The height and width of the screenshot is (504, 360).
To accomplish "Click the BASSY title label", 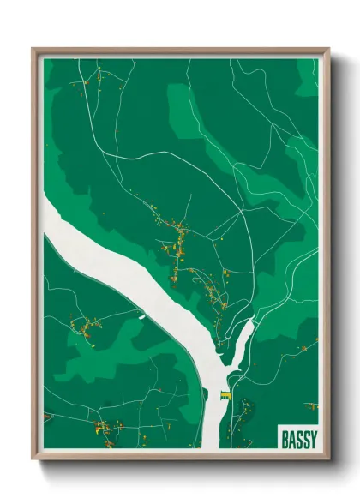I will pos(298,439).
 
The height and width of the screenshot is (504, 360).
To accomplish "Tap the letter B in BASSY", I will pos(285,439).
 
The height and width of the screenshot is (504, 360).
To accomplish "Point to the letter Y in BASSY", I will pos(313,439).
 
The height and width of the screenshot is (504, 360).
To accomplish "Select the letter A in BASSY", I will pos(291,439).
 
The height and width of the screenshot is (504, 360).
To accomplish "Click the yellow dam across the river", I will pos(225,394).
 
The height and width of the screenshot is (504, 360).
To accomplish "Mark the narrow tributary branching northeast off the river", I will pos(243,334).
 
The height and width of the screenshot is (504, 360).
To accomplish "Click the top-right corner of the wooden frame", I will pos(328,50).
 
